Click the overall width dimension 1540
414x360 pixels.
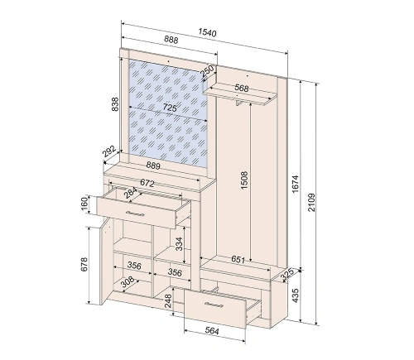[x=207, y=32]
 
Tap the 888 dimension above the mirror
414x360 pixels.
[x=171, y=40]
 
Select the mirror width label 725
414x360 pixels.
[x=170, y=108]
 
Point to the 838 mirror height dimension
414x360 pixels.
[x=115, y=104]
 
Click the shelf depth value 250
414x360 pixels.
[x=208, y=70]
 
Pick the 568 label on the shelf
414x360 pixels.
[x=242, y=88]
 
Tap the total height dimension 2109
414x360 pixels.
[x=311, y=202]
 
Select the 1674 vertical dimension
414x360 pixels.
[x=295, y=184]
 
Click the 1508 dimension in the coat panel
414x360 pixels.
[x=244, y=180]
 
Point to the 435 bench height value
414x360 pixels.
[x=295, y=295]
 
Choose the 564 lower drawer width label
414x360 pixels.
[x=212, y=331]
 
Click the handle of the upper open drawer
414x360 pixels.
[x=135, y=214]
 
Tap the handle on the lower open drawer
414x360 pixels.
[x=214, y=304]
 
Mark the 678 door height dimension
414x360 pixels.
[x=84, y=264]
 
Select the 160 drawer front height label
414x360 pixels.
[x=84, y=204]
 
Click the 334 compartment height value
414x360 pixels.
[x=179, y=244]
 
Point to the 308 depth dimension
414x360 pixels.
[x=128, y=281]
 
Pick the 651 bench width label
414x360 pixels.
[x=238, y=259]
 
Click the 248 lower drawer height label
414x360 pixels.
[x=168, y=300]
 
